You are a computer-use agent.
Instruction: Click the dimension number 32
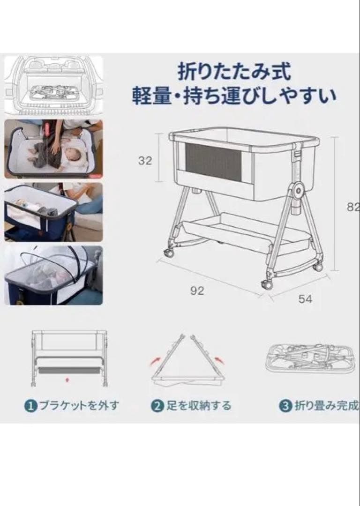pyautogui.click(x=145, y=160)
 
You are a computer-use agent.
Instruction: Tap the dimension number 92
pyautogui.click(x=197, y=291)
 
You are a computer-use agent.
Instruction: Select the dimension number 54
pyautogui.click(x=305, y=299)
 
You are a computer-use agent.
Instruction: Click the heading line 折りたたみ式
pyautogui.click(x=235, y=71)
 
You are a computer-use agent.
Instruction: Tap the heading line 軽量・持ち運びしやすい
pyautogui.click(x=234, y=96)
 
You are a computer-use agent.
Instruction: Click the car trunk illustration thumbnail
pyautogui.click(x=53, y=85)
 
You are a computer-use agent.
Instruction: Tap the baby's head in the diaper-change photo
pyautogui.click(x=74, y=156)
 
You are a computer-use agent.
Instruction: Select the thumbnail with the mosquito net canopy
pyautogui.click(x=53, y=275)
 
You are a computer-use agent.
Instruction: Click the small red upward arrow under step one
pyautogui.click(x=67, y=380)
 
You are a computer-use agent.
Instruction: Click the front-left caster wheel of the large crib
pyautogui.click(x=169, y=253)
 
